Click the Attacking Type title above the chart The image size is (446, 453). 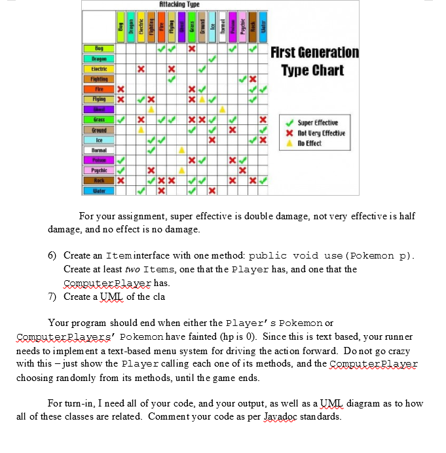click(x=178, y=5)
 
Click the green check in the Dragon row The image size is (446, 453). click(x=212, y=59)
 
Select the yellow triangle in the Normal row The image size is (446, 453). click(x=182, y=150)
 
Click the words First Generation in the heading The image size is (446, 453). click(x=315, y=52)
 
